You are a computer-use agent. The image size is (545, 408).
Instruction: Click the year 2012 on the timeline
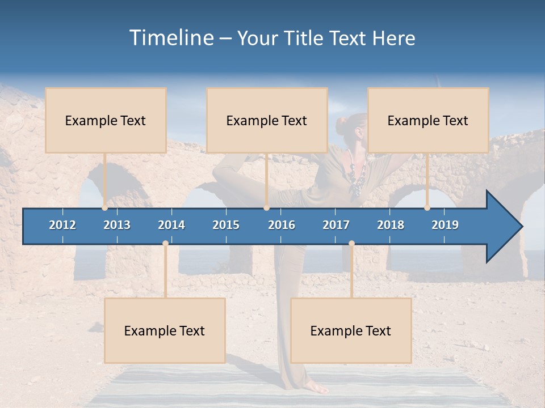pos(62,225)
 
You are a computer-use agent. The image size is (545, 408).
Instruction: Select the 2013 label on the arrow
pos(117,225)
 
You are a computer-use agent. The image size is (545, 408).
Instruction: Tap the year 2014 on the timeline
pos(171,225)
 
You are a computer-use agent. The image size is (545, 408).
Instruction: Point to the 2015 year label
pos(226,225)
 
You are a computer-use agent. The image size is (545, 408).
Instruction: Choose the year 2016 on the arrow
pos(282,225)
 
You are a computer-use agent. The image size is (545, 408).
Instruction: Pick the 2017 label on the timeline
pos(336,225)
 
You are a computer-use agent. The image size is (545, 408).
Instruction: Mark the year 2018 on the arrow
pos(391,225)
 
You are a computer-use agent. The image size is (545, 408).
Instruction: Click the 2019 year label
pos(445,225)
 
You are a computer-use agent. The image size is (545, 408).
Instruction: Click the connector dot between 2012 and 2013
pos(105,207)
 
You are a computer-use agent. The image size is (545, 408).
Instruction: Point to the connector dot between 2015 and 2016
pos(266,207)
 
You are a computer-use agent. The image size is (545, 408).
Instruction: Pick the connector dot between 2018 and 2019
pos(427,207)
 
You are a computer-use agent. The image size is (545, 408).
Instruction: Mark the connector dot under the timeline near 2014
pos(165,243)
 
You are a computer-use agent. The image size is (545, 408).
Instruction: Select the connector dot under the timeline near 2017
pos(351,243)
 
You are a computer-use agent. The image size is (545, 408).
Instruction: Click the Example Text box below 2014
pos(165,330)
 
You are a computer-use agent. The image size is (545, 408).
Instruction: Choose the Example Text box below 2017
pos(351,330)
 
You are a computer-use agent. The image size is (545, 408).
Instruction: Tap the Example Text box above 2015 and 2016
pos(267,120)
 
